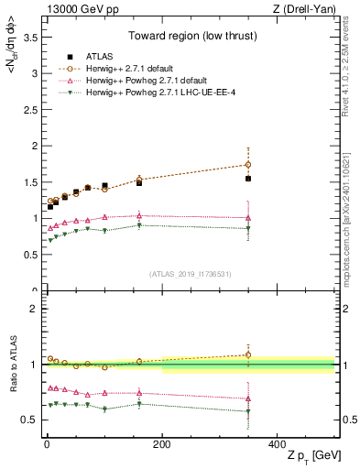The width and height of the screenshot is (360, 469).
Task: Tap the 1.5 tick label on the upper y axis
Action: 27,182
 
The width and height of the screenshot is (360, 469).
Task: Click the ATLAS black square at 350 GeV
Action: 248,179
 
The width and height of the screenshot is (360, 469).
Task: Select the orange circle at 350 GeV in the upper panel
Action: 248,165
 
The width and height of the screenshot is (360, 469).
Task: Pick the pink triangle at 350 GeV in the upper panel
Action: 248,217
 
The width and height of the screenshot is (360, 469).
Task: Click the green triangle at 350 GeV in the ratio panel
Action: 248,411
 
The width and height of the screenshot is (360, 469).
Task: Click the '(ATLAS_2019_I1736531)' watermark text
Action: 191,274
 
